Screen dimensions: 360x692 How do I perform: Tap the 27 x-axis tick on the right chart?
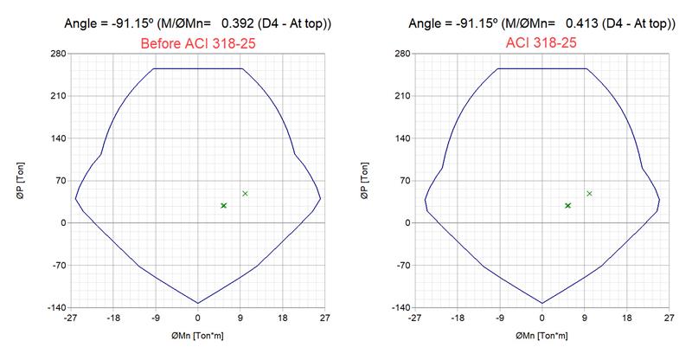(669, 318)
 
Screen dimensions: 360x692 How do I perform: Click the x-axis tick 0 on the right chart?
(541, 318)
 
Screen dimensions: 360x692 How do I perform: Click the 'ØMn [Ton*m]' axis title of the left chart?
(197, 334)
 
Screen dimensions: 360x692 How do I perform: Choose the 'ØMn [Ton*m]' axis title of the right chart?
(541, 334)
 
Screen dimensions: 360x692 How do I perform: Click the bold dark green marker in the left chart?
(224, 205)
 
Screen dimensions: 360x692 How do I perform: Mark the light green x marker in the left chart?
(246, 193)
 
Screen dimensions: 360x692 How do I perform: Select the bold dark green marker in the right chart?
(567, 205)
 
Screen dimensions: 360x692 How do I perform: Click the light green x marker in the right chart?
(590, 193)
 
